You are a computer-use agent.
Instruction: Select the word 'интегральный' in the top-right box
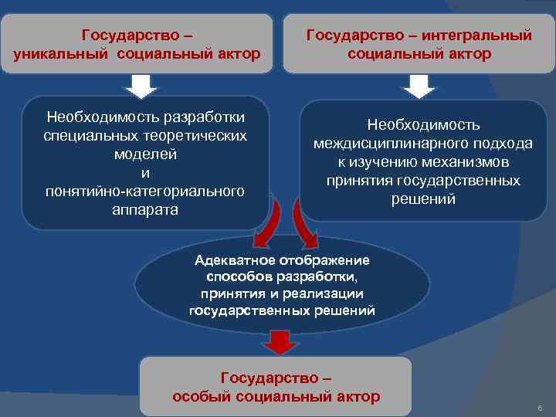click(x=480, y=35)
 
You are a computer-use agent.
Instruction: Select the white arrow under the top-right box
click(x=419, y=85)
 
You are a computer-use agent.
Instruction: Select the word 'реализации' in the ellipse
click(x=331, y=294)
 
